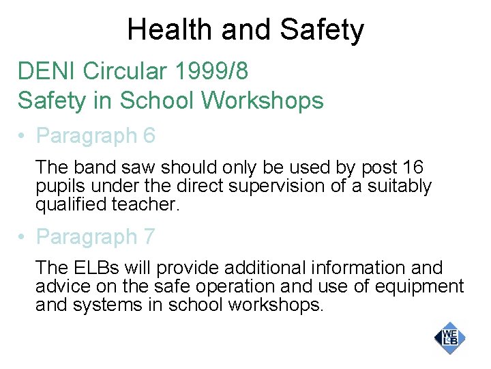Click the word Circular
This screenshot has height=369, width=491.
click(x=125, y=70)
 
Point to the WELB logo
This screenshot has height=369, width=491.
click(x=449, y=338)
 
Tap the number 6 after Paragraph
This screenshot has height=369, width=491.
click(x=149, y=136)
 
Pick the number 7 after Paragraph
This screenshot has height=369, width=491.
click(x=149, y=237)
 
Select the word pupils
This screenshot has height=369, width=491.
click(x=57, y=186)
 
